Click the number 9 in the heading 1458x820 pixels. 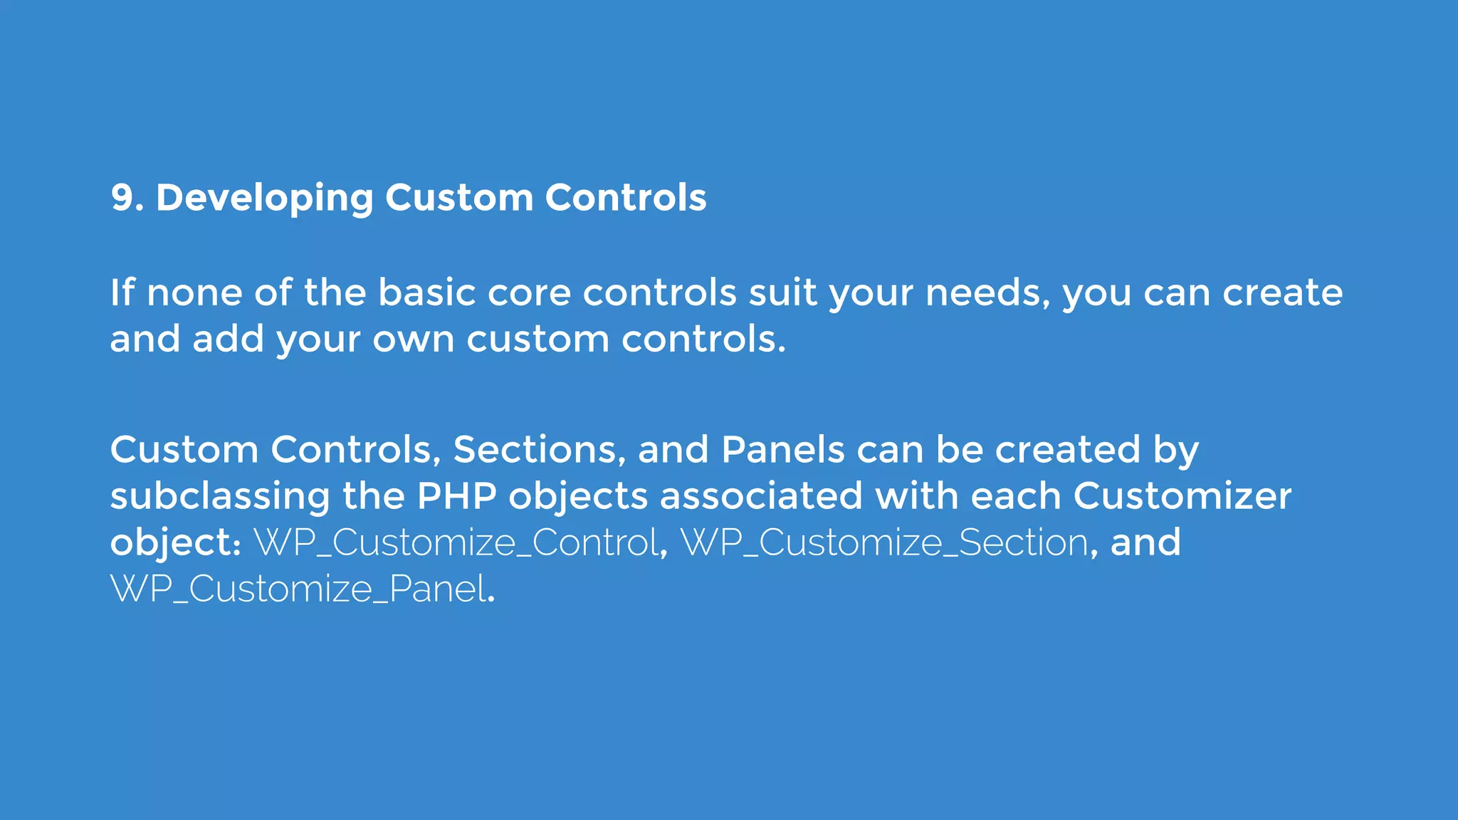pos(122,198)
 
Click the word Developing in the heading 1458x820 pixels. pos(264,198)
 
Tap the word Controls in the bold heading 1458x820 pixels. pos(625,198)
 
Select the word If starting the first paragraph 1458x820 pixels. pos(122,293)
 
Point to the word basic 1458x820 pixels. pos(426,293)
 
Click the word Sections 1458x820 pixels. pos(539,450)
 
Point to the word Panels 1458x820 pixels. pos(782,450)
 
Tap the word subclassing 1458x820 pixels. pos(220,496)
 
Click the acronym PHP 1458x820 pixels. pos(456,496)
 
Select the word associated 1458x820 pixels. pos(761,496)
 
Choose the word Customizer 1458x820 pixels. pos(1182,496)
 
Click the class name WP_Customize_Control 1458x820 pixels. pos(456,543)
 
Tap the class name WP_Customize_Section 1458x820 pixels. pos(884,543)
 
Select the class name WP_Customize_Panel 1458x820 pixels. pos(299,589)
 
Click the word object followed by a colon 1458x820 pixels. pos(171,543)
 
